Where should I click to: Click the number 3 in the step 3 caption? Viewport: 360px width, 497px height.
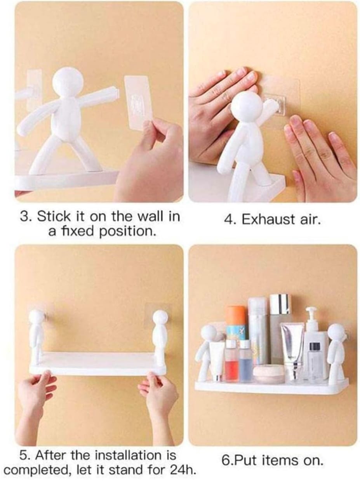tap(24, 217)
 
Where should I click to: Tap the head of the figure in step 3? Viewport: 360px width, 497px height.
tap(68, 82)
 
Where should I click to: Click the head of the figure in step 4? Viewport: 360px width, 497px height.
tap(247, 105)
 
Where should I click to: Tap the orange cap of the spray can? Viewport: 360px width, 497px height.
tap(236, 315)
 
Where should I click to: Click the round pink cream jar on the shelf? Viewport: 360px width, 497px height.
tap(268, 374)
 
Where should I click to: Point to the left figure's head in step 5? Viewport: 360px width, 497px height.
tap(37, 317)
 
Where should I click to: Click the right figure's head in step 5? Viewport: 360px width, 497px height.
tap(160, 317)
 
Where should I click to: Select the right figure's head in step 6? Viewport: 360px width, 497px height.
tap(336, 332)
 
